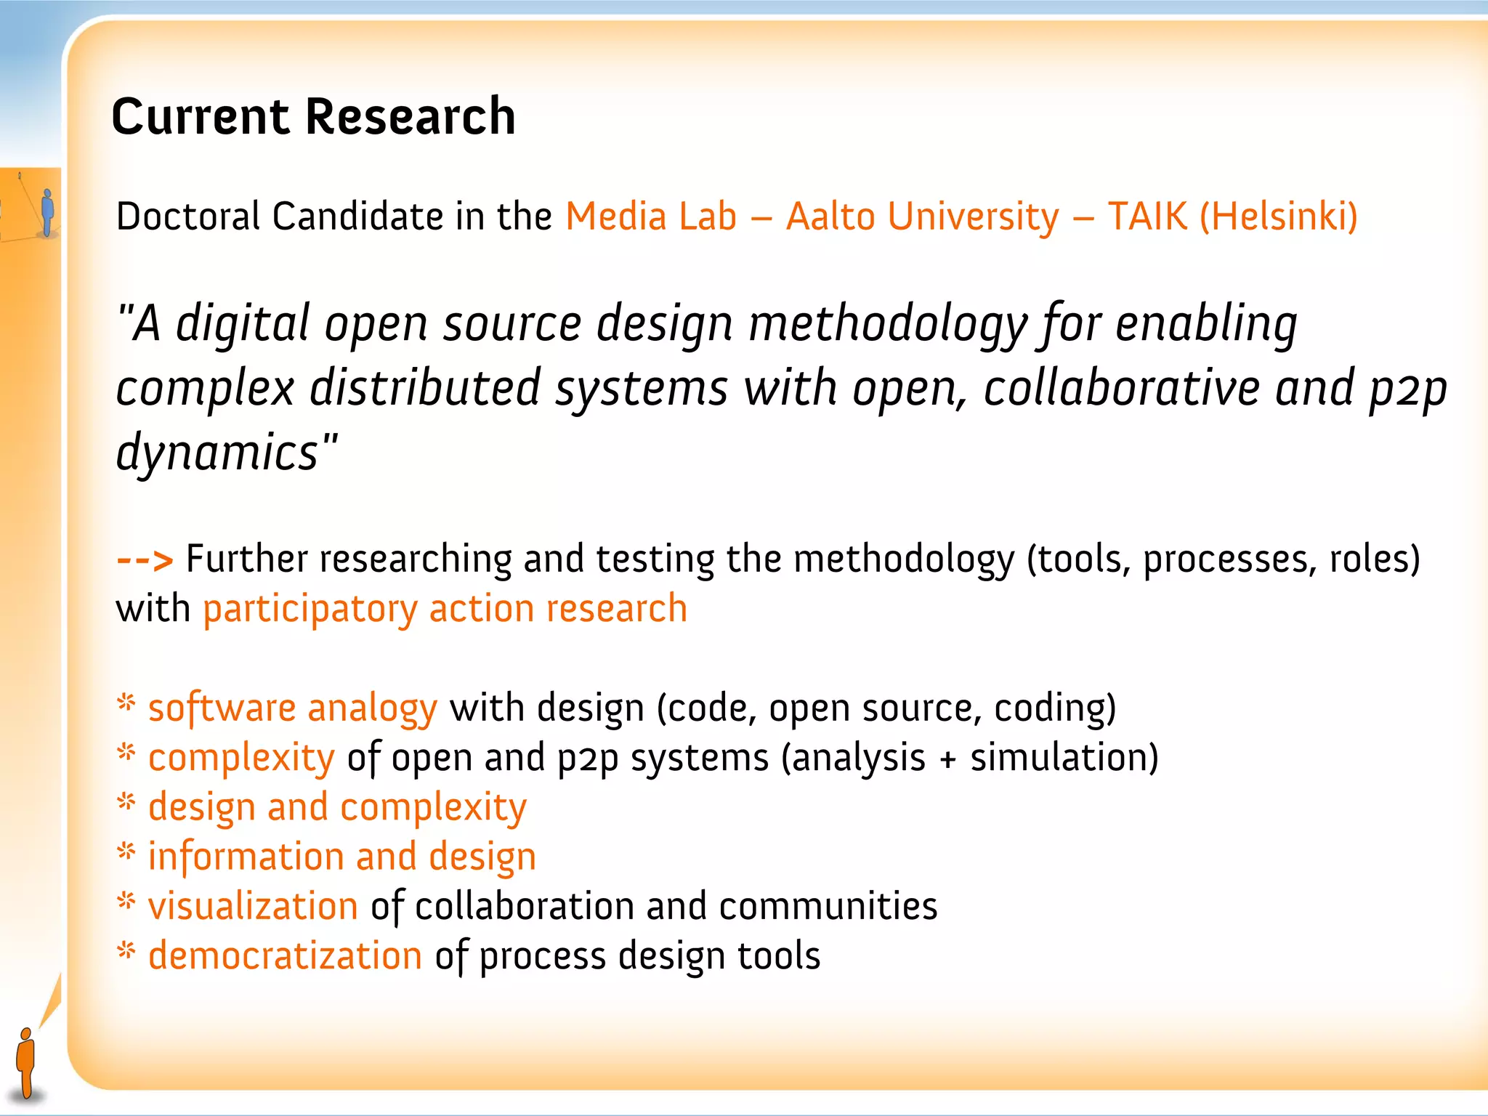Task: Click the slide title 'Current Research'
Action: click(313, 116)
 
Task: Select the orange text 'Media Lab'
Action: click(651, 217)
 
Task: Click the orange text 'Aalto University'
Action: click(923, 217)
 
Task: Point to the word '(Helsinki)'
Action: click(1278, 217)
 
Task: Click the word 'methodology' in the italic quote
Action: click(888, 324)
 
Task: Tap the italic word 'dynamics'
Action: click(218, 452)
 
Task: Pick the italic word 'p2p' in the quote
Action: click(1408, 389)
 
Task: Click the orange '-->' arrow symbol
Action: click(145, 560)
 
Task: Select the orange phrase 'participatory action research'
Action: click(445, 609)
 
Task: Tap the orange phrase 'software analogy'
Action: click(293, 708)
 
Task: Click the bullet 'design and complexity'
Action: click(337, 807)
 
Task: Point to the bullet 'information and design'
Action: click(342, 857)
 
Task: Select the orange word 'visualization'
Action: click(253, 906)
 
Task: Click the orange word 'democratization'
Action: click(285, 956)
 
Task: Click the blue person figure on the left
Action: click(48, 212)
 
